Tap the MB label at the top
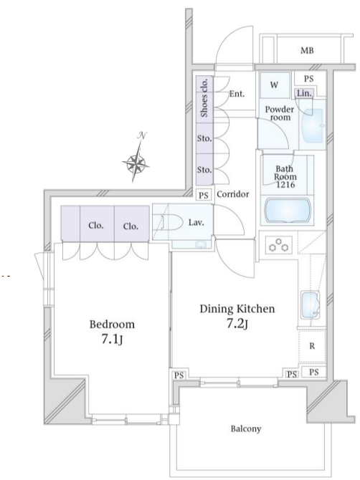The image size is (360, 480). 307,51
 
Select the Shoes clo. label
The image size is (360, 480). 204,97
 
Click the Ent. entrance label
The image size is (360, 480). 237,94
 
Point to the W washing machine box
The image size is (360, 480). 275,85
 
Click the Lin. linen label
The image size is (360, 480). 304,93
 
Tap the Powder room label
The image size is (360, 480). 279,113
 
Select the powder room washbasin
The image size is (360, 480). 313,125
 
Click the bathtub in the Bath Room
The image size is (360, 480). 288,211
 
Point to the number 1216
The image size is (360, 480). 285,185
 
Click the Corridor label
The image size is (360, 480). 233,194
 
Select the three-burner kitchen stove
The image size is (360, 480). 278,245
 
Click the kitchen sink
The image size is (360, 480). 311,305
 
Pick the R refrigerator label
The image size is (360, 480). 312,346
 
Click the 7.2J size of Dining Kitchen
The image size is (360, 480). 237,325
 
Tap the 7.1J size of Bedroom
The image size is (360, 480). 112,340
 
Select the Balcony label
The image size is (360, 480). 246,429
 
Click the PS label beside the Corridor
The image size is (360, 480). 204,196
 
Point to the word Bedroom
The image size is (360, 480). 112,324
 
